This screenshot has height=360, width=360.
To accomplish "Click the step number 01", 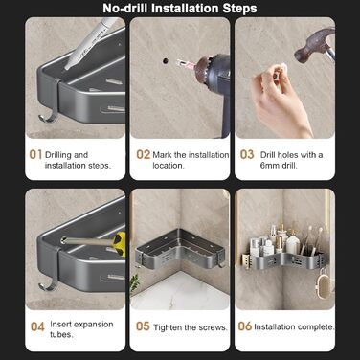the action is click(35, 155).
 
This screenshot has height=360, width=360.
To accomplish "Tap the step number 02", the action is click(143, 155).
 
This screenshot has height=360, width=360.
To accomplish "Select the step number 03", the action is click(247, 154).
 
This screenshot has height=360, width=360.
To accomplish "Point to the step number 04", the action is click(37, 326).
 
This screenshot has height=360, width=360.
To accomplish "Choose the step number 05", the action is click(143, 326).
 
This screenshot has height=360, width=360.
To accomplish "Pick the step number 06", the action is click(245, 326).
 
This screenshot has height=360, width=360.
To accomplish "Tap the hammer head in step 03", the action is click(311, 45).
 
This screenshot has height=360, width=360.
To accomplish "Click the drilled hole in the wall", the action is click(165, 60).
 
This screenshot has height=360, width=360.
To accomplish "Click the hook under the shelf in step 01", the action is click(48, 118).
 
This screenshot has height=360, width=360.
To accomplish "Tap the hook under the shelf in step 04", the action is click(48, 284).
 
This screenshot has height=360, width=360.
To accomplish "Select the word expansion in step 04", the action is click(91, 325).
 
